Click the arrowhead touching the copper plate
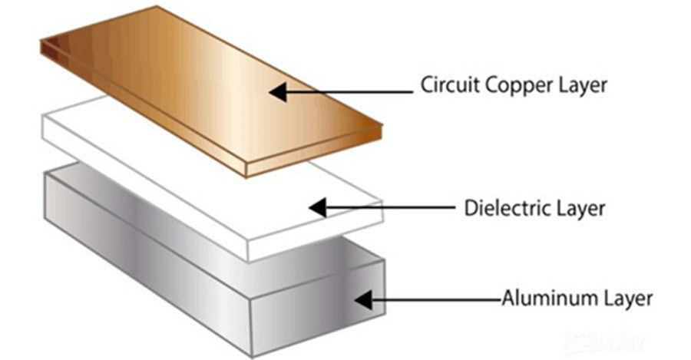click(279, 92)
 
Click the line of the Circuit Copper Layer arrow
click(353, 92)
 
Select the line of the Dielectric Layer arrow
click(392, 206)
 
